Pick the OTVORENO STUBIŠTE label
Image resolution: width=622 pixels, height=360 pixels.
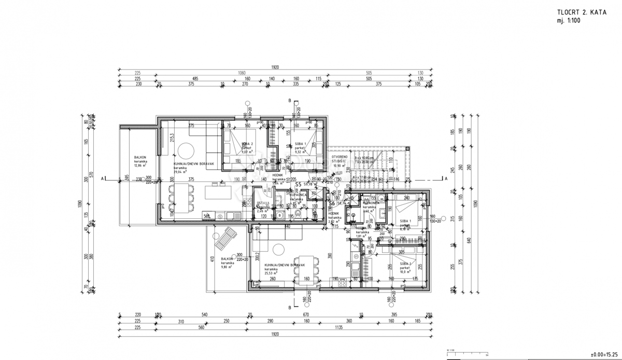[x=341, y=159]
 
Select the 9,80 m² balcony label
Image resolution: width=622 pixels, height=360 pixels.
[x=227, y=262]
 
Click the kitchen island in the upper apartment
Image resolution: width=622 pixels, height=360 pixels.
[x=217, y=192]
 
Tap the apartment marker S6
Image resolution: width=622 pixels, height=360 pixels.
[x=332, y=203]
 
